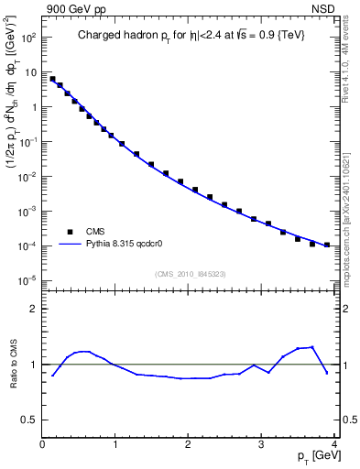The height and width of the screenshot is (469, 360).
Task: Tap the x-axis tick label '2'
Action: coord(188,446)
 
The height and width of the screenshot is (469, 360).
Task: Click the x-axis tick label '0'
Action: coord(42,446)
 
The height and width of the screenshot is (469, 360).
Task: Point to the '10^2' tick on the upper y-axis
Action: coord(29,38)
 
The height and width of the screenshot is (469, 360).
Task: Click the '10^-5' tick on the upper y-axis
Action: coord(29,280)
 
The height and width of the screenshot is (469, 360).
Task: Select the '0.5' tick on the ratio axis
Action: coord(31,420)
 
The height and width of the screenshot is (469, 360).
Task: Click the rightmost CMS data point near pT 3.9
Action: coord(327,245)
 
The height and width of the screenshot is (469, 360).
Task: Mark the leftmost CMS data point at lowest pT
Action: coord(52,79)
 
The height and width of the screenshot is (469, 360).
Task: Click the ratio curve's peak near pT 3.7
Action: coord(312,347)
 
